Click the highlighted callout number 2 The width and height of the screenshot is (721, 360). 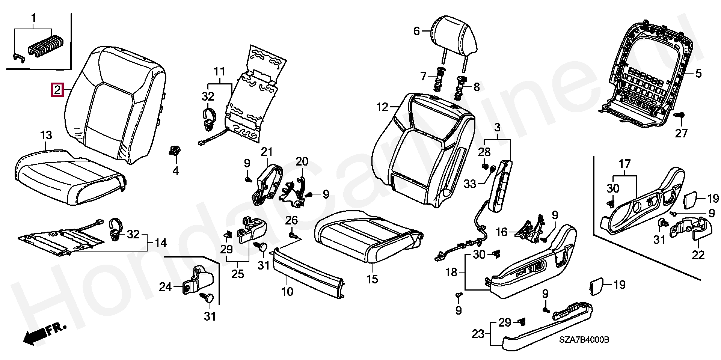57,90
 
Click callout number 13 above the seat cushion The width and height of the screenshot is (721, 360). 46,136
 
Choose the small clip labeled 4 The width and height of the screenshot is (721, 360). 175,152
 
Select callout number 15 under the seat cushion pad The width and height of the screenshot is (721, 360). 372,279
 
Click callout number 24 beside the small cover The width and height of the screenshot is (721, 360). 165,287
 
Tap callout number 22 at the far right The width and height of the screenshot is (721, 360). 698,255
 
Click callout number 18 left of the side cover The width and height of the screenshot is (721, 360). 452,272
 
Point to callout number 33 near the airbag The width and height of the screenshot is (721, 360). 470,184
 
